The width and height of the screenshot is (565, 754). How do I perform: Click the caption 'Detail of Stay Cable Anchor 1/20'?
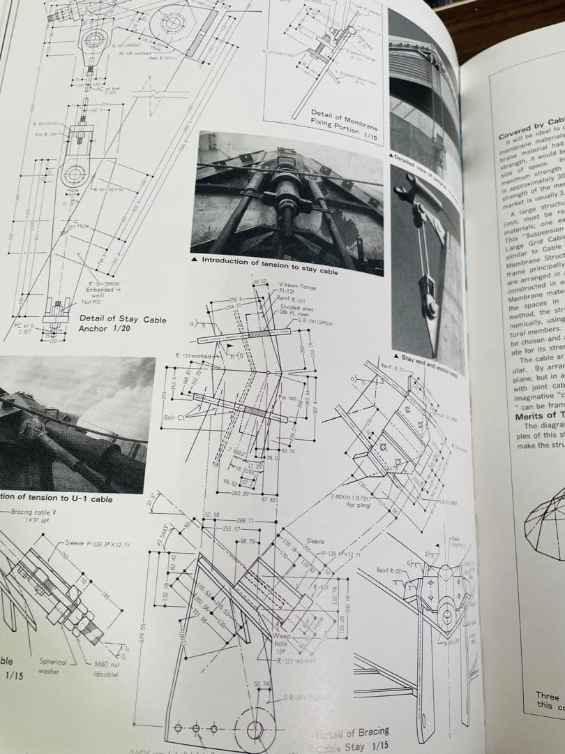point(122,323)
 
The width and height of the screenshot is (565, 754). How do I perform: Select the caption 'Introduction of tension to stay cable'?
point(269,266)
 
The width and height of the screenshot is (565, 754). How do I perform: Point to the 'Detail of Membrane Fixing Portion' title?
point(345,124)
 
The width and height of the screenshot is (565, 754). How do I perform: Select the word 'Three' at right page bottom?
point(547,695)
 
